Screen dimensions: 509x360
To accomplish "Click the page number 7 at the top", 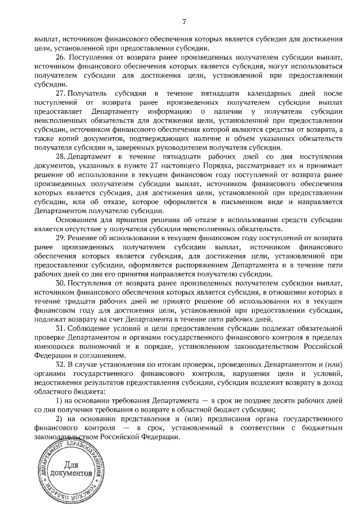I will pos(184,21).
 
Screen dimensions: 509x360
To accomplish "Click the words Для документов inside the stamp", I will pos(70,470).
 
